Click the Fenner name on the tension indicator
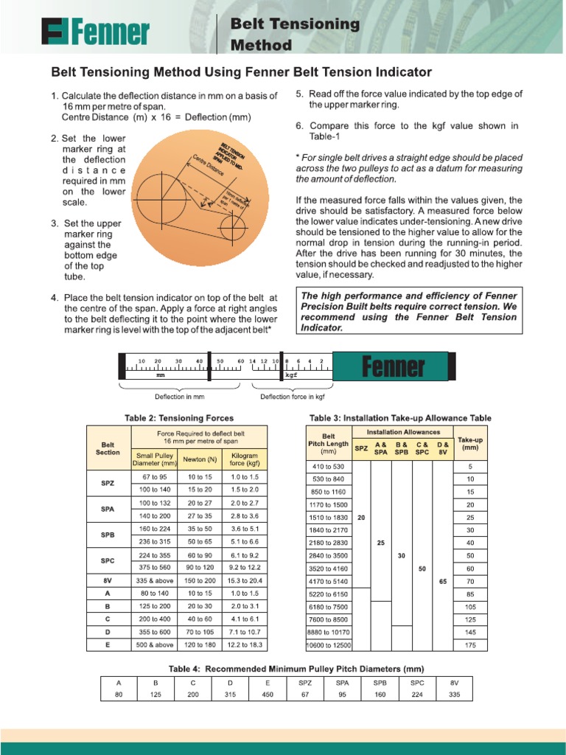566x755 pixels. (x=394, y=366)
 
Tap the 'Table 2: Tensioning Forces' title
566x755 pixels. (x=179, y=418)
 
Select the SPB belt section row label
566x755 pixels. (x=108, y=534)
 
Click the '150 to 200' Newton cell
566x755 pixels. (x=200, y=581)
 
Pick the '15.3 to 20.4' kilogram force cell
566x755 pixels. (x=245, y=581)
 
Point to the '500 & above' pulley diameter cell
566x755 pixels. (x=154, y=644)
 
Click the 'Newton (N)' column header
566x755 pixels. (x=200, y=459)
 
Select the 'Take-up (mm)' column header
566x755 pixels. (x=469, y=442)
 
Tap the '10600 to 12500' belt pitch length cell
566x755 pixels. (x=329, y=645)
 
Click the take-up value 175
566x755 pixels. (x=469, y=645)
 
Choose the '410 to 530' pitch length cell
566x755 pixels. (x=329, y=467)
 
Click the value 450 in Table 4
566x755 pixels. (x=268, y=695)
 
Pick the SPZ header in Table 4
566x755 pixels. (x=305, y=683)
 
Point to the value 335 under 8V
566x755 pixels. (x=454, y=695)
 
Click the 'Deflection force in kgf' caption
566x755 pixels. (x=293, y=397)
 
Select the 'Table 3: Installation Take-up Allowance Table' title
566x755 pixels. (x=400, y=418)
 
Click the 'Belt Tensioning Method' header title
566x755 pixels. (x=295, y=35)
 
